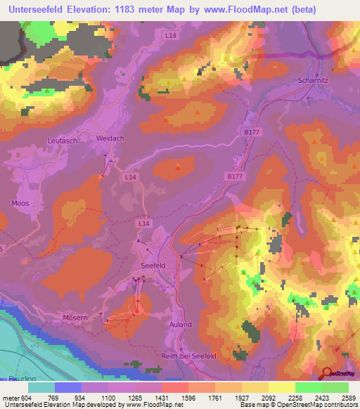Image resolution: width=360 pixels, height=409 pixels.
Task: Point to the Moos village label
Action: coord(20,203)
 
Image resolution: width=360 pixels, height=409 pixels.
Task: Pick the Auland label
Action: coord(180,325)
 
